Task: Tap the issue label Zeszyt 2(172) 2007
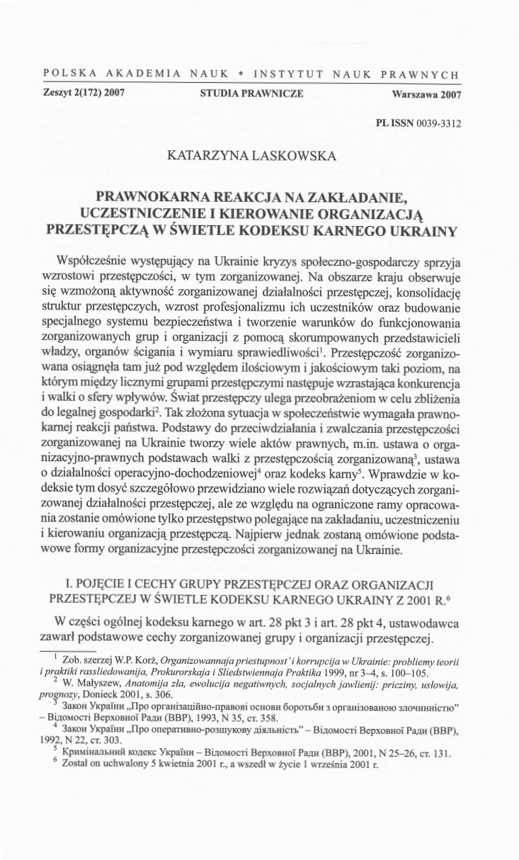click(x=79, y=94)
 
